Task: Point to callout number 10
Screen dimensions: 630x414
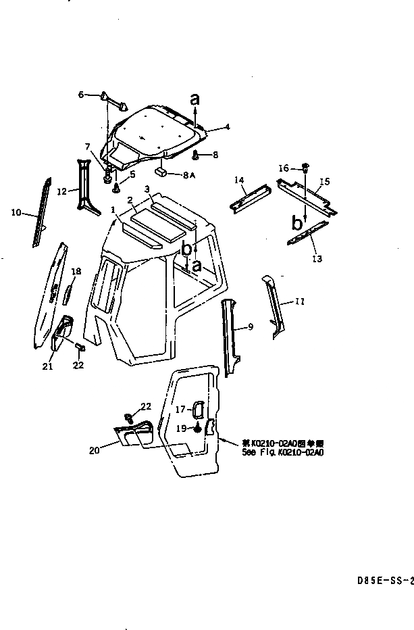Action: [x=16, y=212]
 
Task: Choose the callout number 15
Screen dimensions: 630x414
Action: [x=324, y=182]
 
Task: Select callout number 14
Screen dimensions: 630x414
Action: [x=238, y=180]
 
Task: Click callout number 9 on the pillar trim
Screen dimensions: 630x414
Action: [x=250, y=327]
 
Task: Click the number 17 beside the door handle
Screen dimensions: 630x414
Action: [x=180, y=409]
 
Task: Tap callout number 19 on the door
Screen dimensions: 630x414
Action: [x=180, y=429]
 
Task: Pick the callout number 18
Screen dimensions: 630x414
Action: [x=76, y=271]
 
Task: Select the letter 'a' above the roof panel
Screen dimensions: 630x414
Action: [x=195, y=99]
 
